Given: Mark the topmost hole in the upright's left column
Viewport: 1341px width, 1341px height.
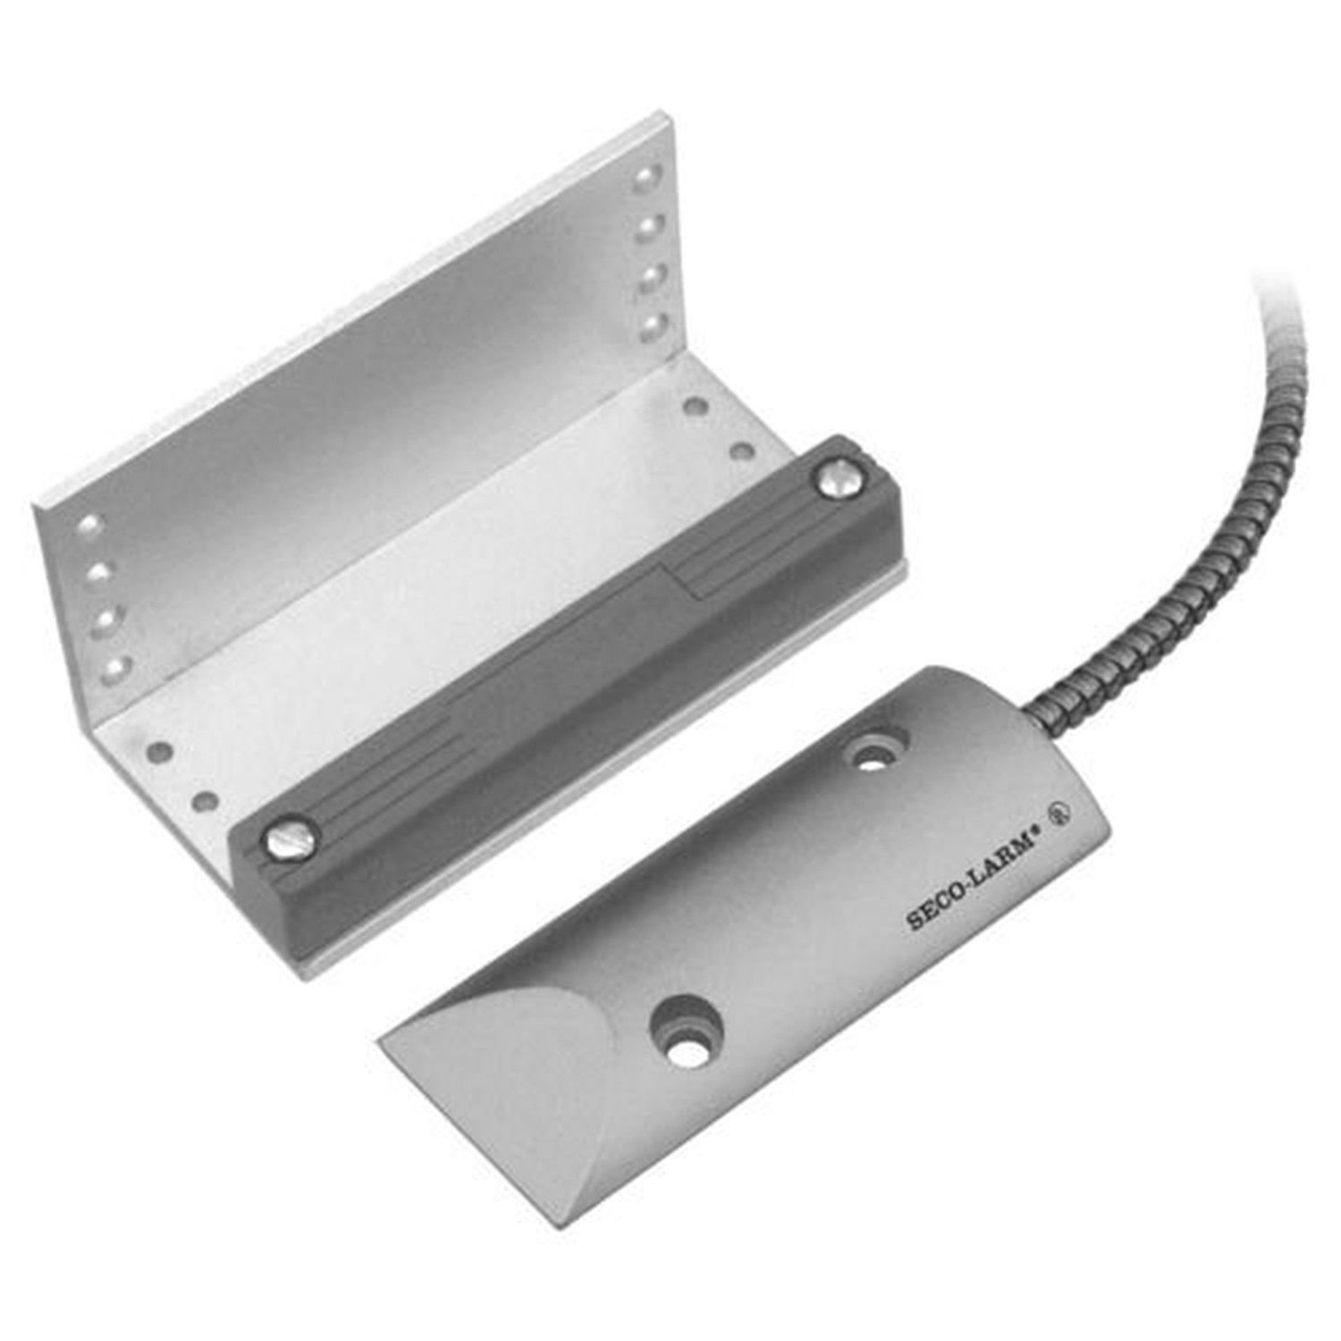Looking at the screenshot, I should (x=88, y=521).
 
